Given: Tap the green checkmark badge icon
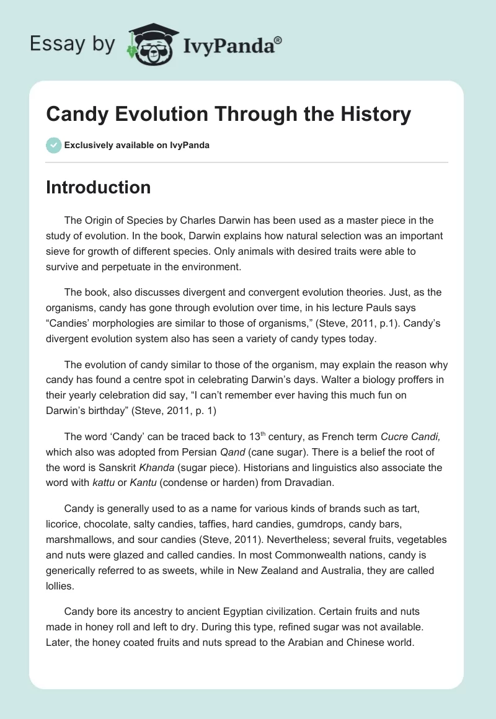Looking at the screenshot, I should point(53,145).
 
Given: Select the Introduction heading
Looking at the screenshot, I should point(98,187).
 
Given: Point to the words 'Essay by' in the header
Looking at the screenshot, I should point(73,45).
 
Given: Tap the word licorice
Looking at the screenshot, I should point(63,525).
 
